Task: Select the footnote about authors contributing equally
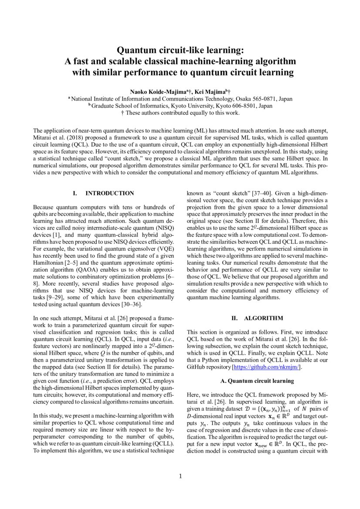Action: [x=180, y=113]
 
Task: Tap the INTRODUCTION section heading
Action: [x=109, y=193]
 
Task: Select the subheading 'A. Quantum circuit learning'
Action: [x=257, y=381]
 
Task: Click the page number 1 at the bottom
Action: [x=180, y=476]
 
